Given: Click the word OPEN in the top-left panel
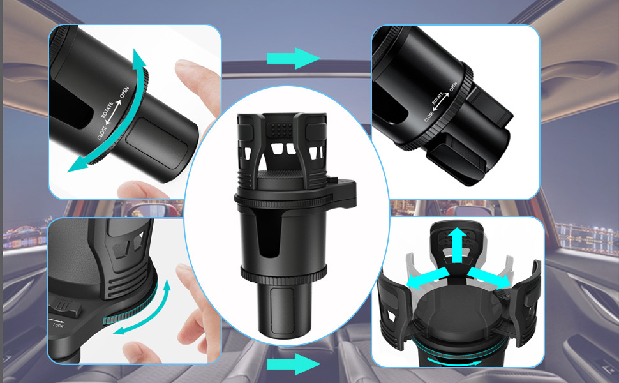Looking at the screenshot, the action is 124,93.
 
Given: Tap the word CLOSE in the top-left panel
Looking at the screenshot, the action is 102,133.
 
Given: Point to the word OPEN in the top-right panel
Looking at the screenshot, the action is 453,86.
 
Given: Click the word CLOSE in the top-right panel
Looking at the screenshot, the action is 429,116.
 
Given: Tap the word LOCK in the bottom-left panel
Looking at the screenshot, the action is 58,325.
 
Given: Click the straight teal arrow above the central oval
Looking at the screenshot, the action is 293,58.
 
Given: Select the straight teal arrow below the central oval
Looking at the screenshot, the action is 293,364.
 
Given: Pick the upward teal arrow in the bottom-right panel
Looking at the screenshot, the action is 457,245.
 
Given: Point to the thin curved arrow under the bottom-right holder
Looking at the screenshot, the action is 454,362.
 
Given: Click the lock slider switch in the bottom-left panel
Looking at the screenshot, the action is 65,307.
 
